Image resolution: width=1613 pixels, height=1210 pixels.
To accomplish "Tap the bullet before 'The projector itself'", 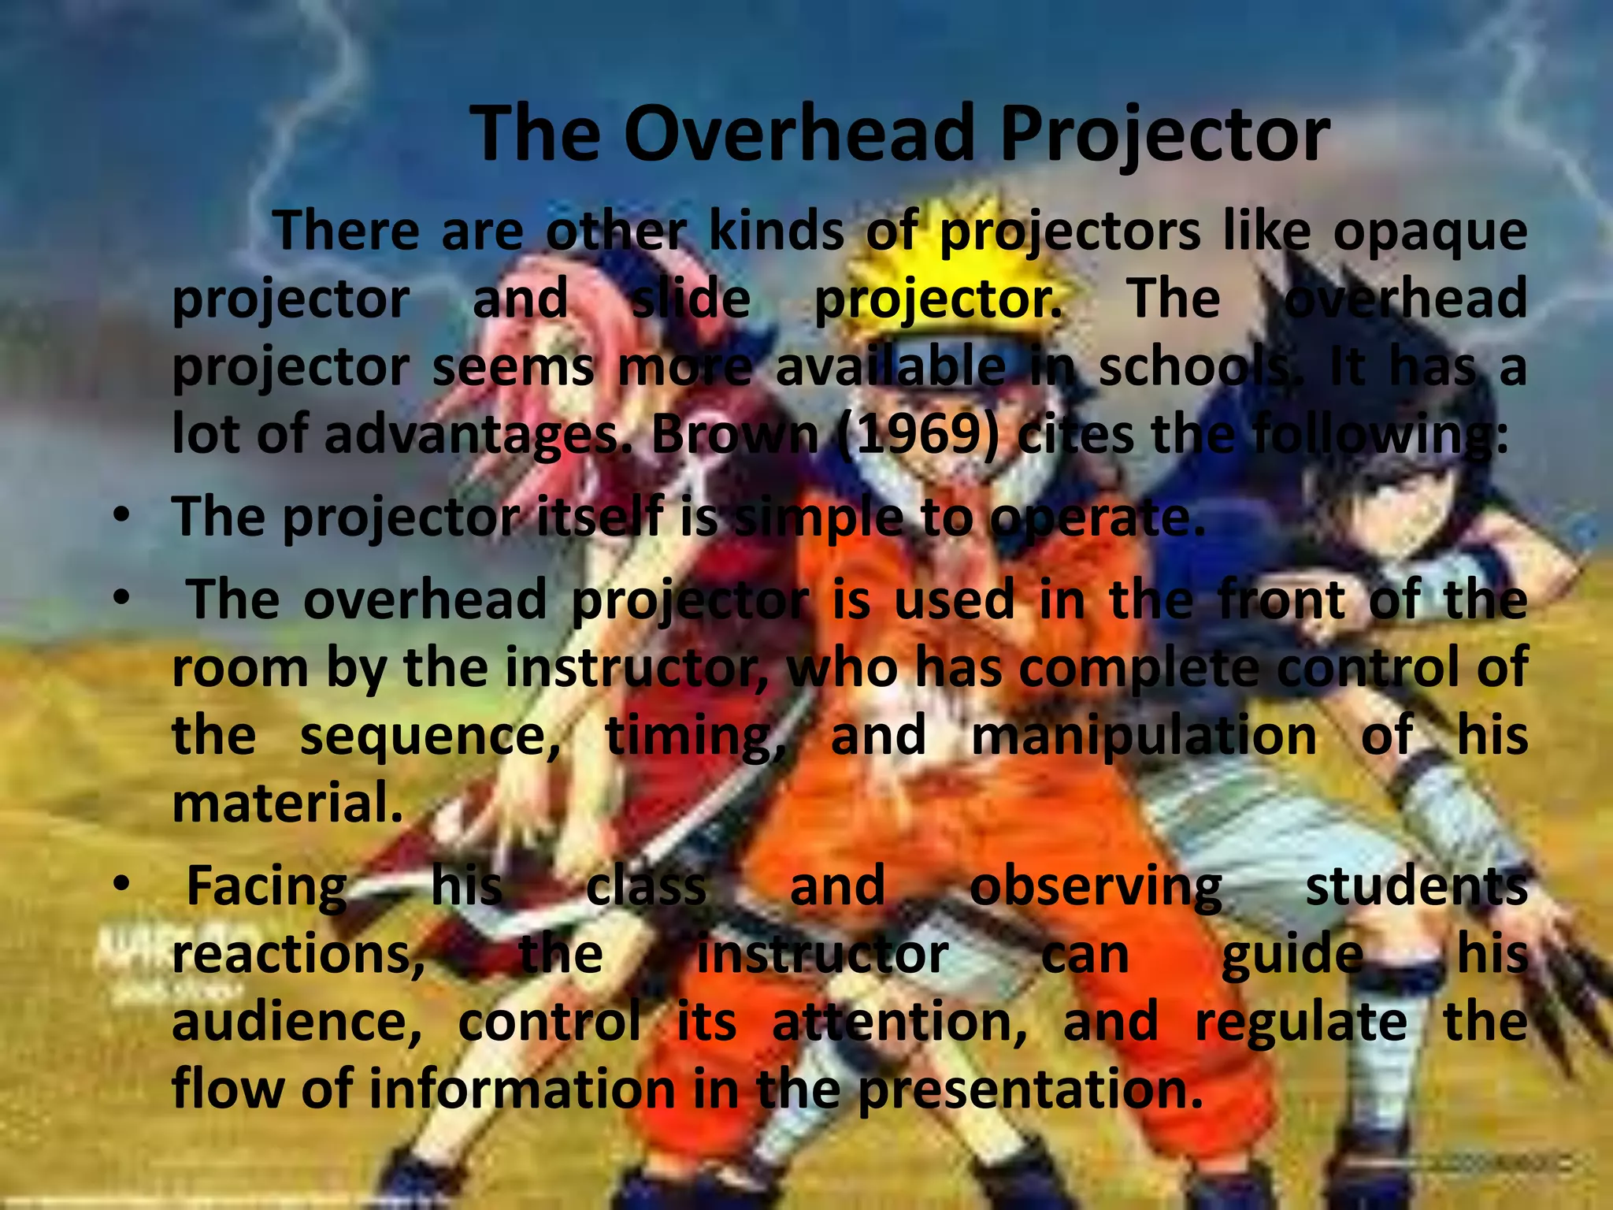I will [x=120, y=517].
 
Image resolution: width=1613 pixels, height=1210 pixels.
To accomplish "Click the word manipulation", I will [x=1144, y=737].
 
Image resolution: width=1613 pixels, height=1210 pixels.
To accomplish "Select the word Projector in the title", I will [x=1164, y=135].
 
